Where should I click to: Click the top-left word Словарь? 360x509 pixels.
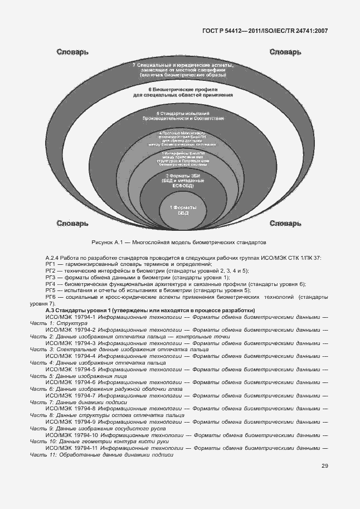pos(72,52)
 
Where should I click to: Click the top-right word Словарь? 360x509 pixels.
pos(285,52)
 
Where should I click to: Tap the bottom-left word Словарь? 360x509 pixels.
pos(72,224)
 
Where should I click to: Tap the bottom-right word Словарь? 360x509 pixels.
pos(285,224)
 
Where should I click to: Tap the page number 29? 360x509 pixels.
pos(324,466)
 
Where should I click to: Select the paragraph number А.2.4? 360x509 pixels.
pos(52,258)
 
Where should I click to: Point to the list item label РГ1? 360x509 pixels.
pos(51,264)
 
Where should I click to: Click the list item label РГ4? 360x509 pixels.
pos(51,284)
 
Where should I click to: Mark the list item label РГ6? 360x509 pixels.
pos(51,297)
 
